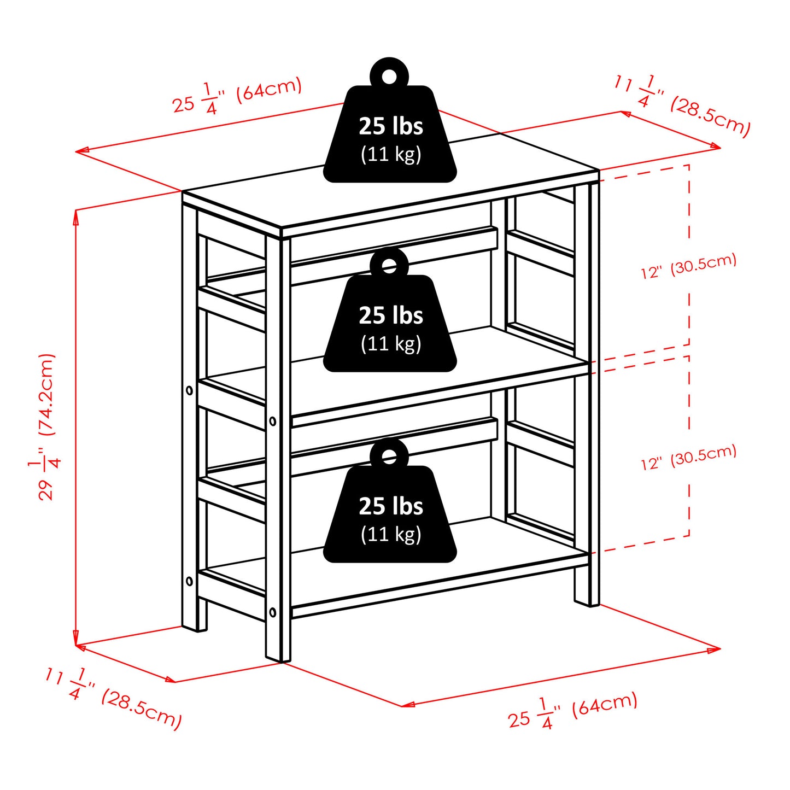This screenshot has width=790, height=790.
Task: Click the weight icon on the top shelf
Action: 390,120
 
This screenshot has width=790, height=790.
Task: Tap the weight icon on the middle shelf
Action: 390,309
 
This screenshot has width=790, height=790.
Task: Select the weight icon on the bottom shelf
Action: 390,500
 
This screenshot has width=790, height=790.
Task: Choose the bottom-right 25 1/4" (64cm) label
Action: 573,712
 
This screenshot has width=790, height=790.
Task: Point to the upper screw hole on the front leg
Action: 273,421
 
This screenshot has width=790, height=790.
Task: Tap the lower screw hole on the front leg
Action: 273,612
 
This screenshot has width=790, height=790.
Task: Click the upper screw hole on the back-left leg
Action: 189,390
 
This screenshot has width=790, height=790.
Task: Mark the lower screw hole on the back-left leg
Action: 189,581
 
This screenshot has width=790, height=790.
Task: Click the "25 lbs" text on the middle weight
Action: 391,315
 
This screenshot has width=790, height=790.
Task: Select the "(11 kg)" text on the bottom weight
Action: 391,534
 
